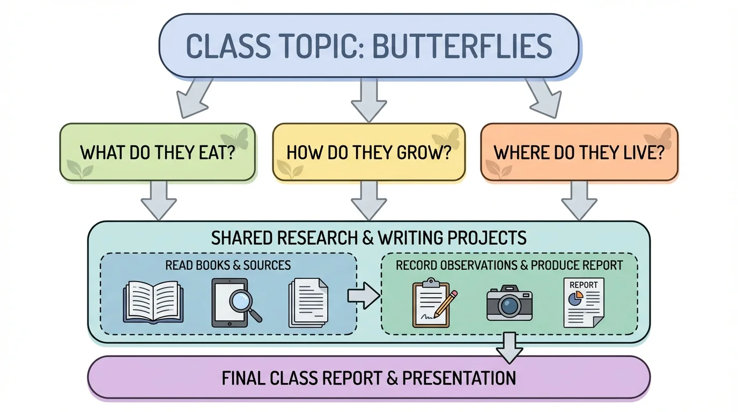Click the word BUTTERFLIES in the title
(462, 46)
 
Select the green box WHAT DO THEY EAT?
(157, 152)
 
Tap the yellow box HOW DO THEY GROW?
(368, 152)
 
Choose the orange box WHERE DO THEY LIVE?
(579, 152)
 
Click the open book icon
(154, 303)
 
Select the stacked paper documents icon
(308, 303)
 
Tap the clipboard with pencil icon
(433, 304)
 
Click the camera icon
(509, 304)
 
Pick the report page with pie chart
(583, 303)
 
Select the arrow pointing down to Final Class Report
(509, 348)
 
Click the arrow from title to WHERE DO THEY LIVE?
(543, 98)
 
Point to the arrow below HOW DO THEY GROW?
(368, 200)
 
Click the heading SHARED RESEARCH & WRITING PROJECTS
(368, 238)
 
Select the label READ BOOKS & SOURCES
(228, 265)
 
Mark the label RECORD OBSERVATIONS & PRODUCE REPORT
(509, 265)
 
